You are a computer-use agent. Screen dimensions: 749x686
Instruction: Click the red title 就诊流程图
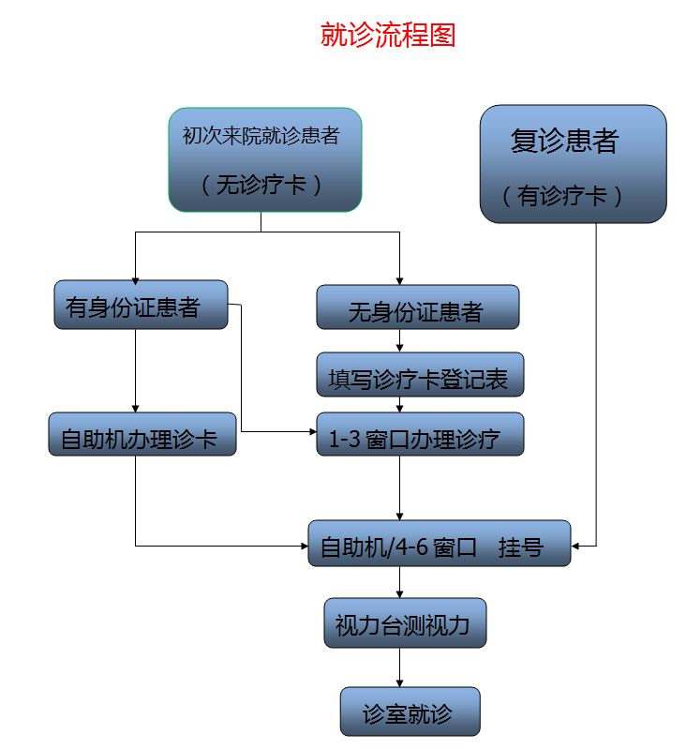pos(388,36)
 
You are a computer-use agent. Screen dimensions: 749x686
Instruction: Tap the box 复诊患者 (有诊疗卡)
pos(573,163)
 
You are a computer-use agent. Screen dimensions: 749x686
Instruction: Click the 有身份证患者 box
pos(141,306)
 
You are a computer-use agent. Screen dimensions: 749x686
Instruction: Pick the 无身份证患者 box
pos(417,308)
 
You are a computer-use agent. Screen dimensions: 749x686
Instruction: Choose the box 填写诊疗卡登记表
pos(419,376)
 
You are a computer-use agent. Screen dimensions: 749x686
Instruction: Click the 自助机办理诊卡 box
pos(142,436)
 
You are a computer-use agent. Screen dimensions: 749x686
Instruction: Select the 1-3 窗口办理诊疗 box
pos(419,435)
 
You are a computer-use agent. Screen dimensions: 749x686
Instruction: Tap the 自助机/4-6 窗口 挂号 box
pos(439,544)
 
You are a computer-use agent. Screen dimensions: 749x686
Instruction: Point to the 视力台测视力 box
pos(405,622)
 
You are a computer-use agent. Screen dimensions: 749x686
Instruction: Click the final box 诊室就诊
pos(410,712)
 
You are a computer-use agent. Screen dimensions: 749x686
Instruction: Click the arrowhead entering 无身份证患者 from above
pos(400,280)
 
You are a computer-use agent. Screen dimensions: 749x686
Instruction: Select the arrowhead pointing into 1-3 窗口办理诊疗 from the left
pos(312,431)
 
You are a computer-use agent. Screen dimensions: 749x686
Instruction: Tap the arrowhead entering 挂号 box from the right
pos(576,545)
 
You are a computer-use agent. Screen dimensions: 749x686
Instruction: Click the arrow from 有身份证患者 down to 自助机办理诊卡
pos(136,370)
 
